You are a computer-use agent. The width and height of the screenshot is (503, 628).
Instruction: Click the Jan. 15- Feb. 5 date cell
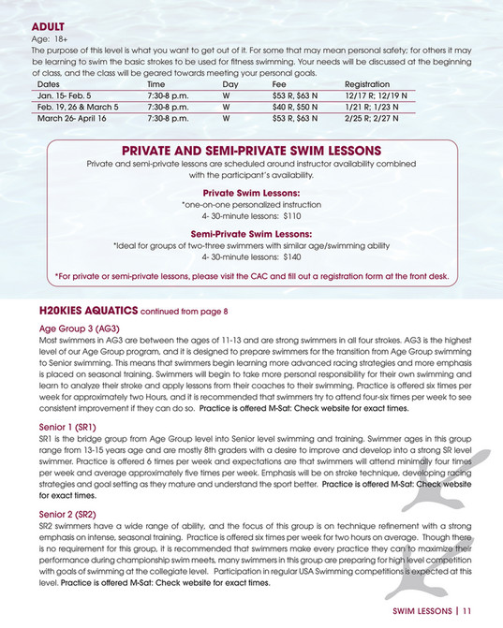[64, 95]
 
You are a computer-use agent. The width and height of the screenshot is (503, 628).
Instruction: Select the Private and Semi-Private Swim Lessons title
[251, 150]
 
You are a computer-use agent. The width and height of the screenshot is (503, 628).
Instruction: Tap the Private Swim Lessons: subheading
[251, 192]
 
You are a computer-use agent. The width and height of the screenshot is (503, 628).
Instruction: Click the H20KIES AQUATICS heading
[88, 309]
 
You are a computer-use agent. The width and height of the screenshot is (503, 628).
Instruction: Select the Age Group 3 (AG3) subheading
[79, 329]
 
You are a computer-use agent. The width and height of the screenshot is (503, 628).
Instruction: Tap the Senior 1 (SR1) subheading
[67, 426]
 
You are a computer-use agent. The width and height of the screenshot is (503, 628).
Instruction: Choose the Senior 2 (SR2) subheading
[67, 514]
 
